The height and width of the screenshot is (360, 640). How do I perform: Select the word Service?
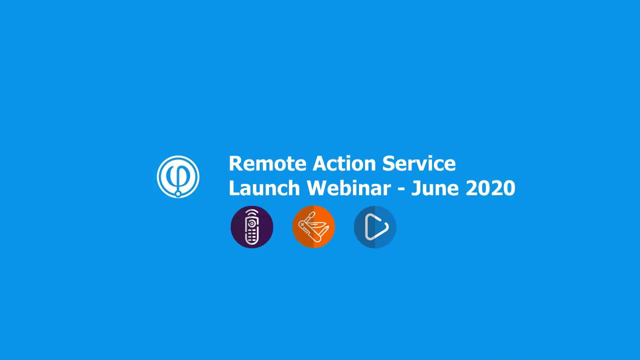pyautogui.click(x=419, y=164)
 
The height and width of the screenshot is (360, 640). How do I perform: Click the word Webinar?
pyautogui.click(x=348, y=188)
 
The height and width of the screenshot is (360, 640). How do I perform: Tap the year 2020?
pyautogui.click(x=490, y=188)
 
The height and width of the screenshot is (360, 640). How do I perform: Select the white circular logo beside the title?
pyautogui.click(x=178, y=176)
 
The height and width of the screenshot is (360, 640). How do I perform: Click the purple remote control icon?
pyautogui.click(x=252, y=227)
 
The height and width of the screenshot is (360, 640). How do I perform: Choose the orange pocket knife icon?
pyautogui.click(x=313, y=227)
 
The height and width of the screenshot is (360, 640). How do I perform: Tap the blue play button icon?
pyautogui.click(x=375, y=227)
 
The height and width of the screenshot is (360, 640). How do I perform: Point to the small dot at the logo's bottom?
pyautogui.click(x=178, y=193)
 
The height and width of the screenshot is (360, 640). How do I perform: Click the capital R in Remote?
pyautogui.click(x=234, y=164)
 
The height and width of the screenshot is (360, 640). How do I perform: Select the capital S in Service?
pyautogui.click(x=388, y=164)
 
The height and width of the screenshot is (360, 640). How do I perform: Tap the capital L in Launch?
pyautogui.click(x=233, y=188)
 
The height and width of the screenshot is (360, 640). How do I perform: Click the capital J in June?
pyautogui.click(x=415, y=188)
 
